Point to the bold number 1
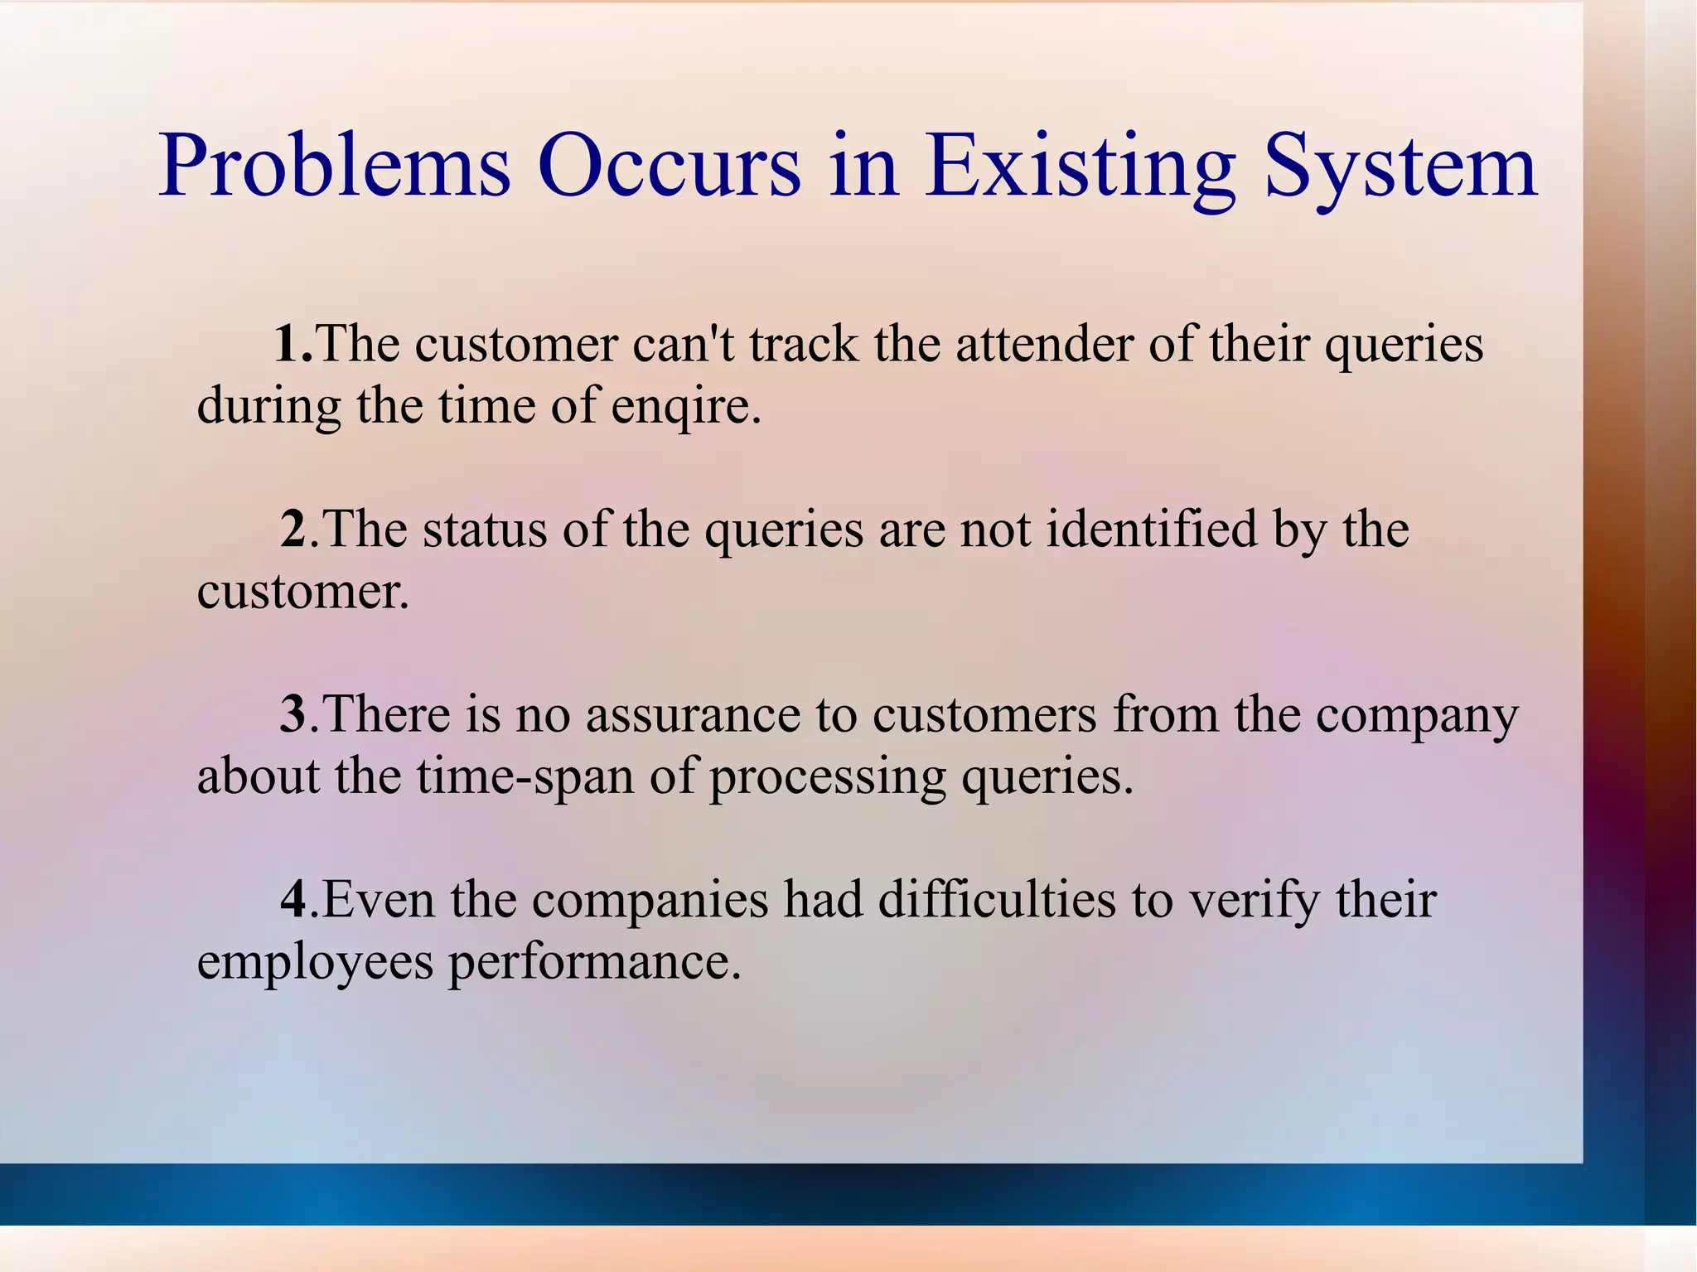[x=288, y=343]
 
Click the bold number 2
[x=293, y=529]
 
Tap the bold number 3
[x=293, y=713]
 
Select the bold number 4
[x=293, y=899]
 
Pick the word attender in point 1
[x=1043, y=343]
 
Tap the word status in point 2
[x=485, y=529]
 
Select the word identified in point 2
[x=1151, y=529]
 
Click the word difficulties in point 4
[x=997, y=899]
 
